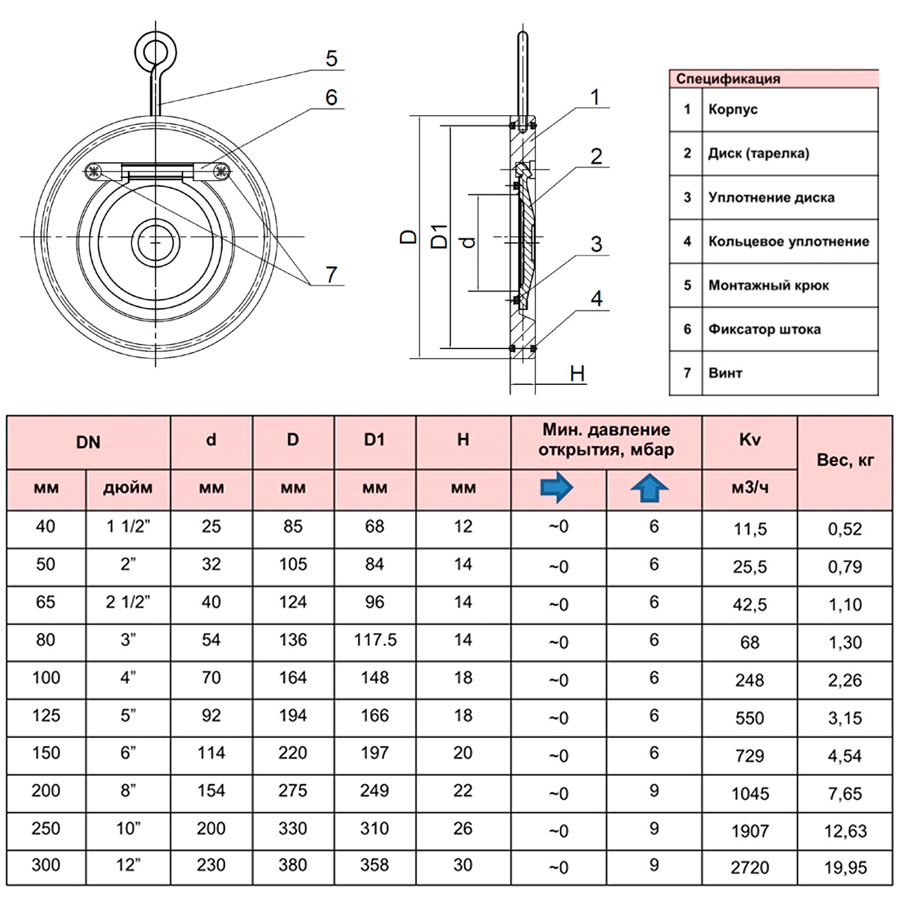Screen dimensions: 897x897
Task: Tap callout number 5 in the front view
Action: coord(331,58)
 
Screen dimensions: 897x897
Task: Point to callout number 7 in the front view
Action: coord(331,274)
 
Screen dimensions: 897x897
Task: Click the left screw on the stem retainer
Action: coord(93,172)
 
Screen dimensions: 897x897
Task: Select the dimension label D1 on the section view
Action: coord(440,236)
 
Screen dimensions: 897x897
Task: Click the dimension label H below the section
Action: coord(577,374)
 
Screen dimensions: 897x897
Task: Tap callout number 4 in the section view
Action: coord(597,298)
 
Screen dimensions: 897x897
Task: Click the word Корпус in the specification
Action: coord(733,109)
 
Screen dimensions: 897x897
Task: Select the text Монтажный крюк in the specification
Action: coord(768,286)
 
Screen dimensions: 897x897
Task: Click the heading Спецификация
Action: coord(728,78)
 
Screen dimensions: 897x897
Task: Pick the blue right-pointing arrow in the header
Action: coord(557,487)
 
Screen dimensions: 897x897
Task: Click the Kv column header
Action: coord(750,440)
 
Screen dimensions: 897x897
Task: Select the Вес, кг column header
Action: coord(845,460)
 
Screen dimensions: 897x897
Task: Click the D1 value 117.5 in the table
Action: coord(375,640)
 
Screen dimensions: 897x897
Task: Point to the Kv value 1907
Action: coord(750,830)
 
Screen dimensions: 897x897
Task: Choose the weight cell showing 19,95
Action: coord(845,868)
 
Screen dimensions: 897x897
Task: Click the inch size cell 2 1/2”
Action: coord(128,602)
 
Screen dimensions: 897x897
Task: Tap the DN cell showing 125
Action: coord(46,715)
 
